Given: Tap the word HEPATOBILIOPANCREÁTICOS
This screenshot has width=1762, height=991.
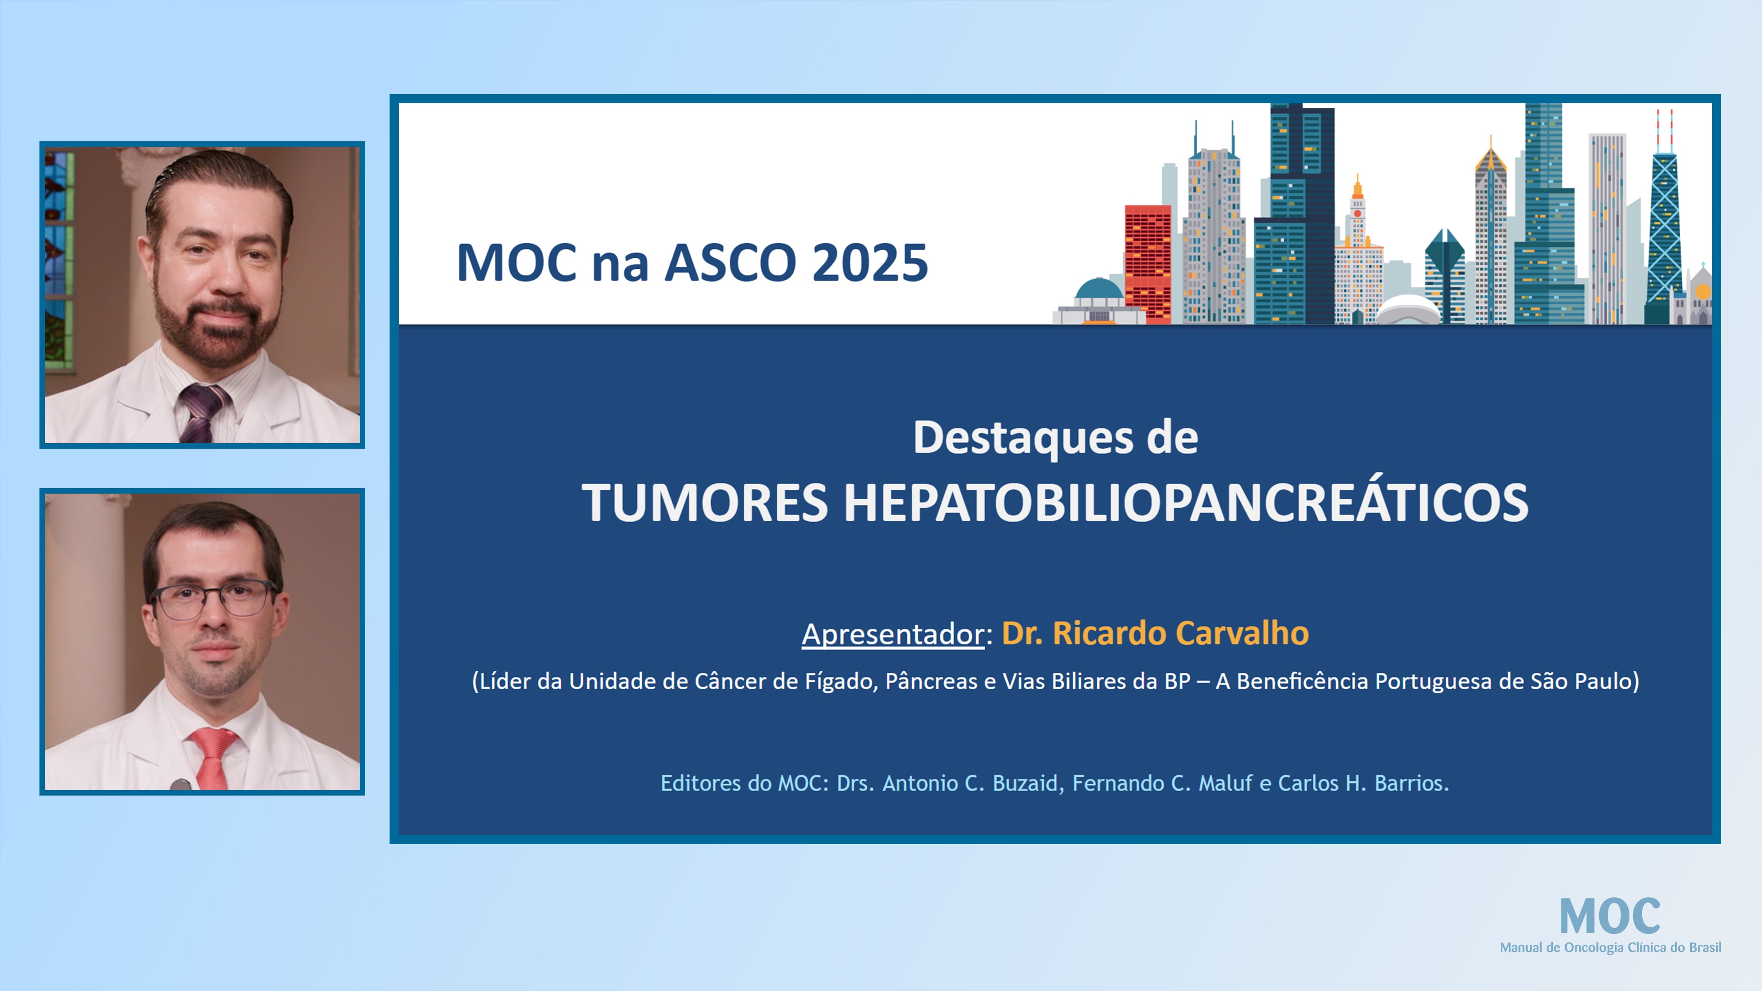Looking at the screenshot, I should click(1185, 503).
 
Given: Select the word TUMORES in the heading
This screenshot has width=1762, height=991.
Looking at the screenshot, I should click(704, 503).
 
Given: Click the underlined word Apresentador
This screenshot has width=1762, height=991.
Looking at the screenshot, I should click(892, 634).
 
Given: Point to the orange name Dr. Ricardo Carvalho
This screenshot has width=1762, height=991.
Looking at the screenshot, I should click(1154, 633).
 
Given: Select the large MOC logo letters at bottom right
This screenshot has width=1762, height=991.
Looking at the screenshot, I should click(1610, 917).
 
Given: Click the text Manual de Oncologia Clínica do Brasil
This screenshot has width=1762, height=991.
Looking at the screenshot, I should click(1610, 948).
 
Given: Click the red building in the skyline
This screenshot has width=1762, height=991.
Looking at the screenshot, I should click(1147, 263).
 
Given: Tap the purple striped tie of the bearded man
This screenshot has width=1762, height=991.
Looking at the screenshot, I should click(202, 410).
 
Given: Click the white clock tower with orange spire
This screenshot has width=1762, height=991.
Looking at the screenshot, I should click(1358, 253).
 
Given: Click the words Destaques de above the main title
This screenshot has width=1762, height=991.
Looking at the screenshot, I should click(1055, 438).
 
